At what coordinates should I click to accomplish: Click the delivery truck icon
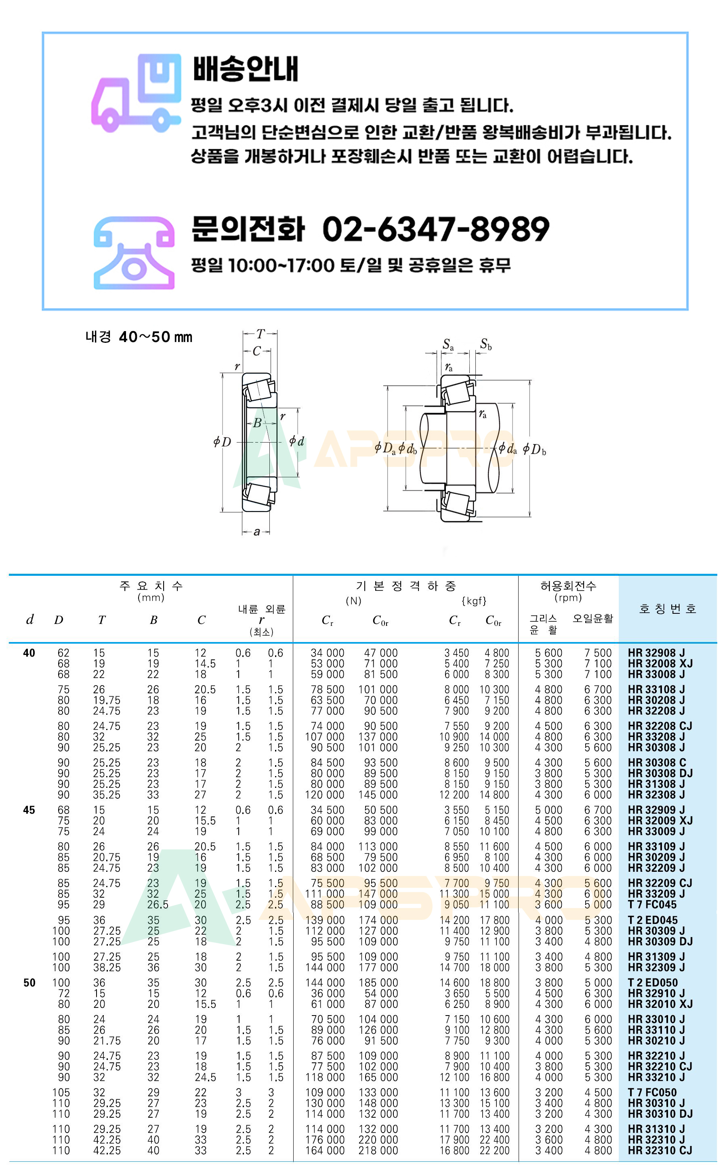click(137, 93)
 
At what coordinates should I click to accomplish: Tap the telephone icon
click(134, 253)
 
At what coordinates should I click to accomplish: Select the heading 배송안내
click(246, 69)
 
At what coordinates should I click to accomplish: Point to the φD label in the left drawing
click(222, 442)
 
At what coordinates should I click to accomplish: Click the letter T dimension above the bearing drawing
click(260, 334)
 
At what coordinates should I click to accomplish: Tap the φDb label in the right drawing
click(534, 450)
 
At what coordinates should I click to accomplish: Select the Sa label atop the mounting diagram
click(448, 344)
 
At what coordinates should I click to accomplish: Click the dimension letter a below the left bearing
click(257, 532)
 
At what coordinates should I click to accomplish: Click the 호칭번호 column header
click(667, 609)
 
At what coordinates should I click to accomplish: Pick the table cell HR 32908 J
click(656, 653)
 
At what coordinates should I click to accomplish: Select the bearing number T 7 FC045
click(652, 904)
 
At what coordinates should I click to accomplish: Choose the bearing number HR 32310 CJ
click(660, 1150)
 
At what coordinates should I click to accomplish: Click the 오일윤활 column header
click(593, 619)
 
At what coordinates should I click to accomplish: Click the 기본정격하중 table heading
click(406, 586)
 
